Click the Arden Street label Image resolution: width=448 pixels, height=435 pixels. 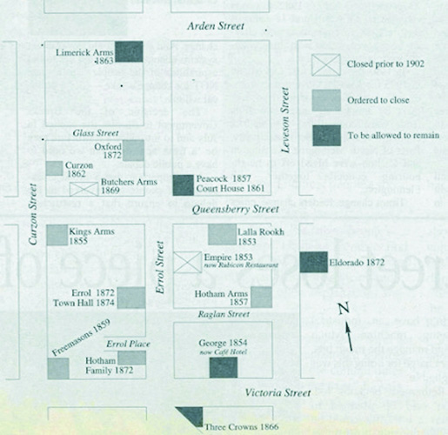[216, 26]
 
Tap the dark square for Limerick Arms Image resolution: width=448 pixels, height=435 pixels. [129, 51]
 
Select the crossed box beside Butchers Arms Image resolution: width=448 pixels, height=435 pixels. [84, 189]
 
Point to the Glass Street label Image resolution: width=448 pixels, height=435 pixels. [96, 133]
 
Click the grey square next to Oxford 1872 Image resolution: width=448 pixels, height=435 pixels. [133, 151]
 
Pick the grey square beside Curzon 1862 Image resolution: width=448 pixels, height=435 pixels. [54, 168]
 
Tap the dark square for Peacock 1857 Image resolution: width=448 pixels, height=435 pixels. [184, 185]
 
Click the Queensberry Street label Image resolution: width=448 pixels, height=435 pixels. [236, 210]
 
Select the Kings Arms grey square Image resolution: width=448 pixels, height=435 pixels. [57, 235]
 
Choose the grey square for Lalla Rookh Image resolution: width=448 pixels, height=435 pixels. [222, 234]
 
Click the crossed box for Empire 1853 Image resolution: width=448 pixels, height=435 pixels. [187, 262]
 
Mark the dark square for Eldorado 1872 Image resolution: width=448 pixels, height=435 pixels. [314, 262]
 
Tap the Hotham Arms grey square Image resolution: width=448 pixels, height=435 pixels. [262, 297]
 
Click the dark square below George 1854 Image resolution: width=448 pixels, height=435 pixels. [224, 367]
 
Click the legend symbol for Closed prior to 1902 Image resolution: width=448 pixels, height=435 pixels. [326, 65]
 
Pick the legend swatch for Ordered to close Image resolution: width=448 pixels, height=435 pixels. [326, 100]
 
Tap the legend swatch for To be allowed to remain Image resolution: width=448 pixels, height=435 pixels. [327, 136]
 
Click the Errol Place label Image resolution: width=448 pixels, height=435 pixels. [128, 345]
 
